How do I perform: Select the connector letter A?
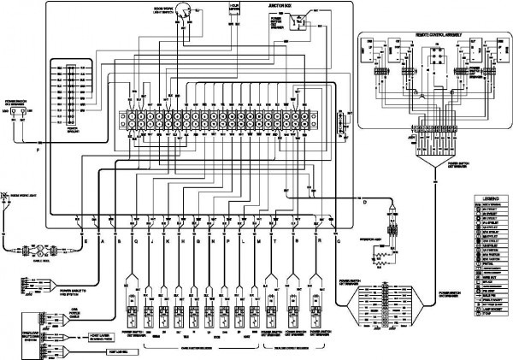point(103,243)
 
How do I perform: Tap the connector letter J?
point(150,243)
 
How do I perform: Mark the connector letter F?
point(37,151)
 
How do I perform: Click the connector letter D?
point(364,203)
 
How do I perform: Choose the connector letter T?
point(274,243)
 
